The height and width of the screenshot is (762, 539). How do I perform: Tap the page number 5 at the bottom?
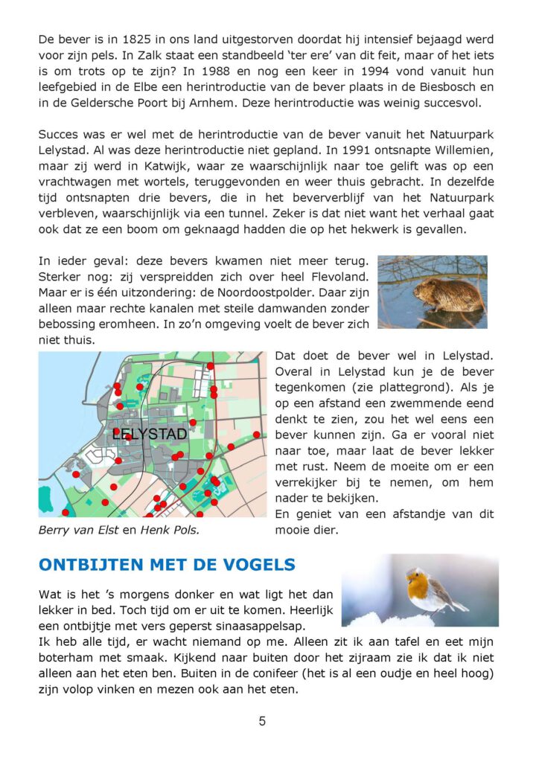click(262, 720)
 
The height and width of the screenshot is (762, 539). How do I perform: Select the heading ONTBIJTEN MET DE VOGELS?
click(167, 565)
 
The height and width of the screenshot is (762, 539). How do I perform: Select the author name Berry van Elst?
click(77, 530)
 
